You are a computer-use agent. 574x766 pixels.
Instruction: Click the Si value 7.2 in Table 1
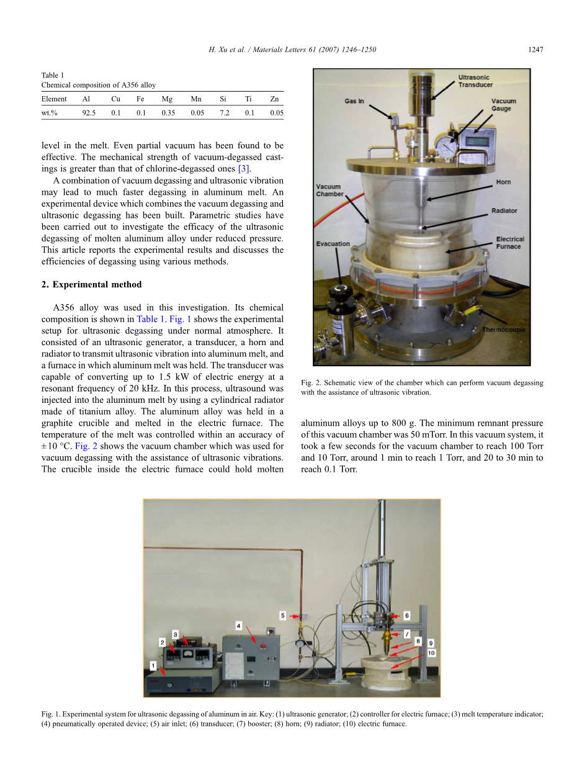click(x=224, y=113)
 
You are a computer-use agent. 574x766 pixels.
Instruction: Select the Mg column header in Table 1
click(x=167, y=99)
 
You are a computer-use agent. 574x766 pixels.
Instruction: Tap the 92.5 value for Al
click(x=89, y=113)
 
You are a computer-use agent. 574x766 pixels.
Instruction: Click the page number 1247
click(x=536, y=50)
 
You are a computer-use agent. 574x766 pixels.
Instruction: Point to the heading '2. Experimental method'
click(x=91, y=284)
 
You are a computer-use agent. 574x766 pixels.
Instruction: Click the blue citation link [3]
click(x=243, y=169)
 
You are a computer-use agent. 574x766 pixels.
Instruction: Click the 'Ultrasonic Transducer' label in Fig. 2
click(x=475, y=81)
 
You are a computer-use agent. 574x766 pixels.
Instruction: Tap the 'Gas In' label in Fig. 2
click(x=354, y=101)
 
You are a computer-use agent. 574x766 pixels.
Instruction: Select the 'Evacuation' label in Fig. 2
click(x=333, y=244)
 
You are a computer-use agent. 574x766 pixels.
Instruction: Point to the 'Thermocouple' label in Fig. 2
click(x=503, y=330)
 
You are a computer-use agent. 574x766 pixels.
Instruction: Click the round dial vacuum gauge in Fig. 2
click(x=447, y=148)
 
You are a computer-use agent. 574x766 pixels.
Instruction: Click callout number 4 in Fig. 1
click(x=238, y=626)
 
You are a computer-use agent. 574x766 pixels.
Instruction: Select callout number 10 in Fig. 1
click(x=431, y=653)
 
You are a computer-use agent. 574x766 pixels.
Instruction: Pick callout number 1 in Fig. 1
click(x=153, y=666)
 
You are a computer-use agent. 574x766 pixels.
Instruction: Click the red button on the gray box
click(x=263, y=646)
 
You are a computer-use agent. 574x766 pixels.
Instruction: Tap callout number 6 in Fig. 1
click(x=406, y=616)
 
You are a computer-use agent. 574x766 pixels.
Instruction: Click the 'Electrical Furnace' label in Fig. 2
click(x=510, y=243)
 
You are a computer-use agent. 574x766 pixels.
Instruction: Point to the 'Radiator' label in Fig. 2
click(x=504, y=211)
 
